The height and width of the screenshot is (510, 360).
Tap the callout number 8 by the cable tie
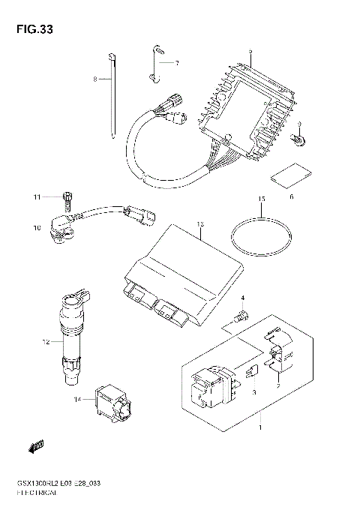coord(95,79)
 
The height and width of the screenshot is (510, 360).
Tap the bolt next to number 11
coord(66,199)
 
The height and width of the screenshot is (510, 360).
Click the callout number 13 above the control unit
coord(199,223)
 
